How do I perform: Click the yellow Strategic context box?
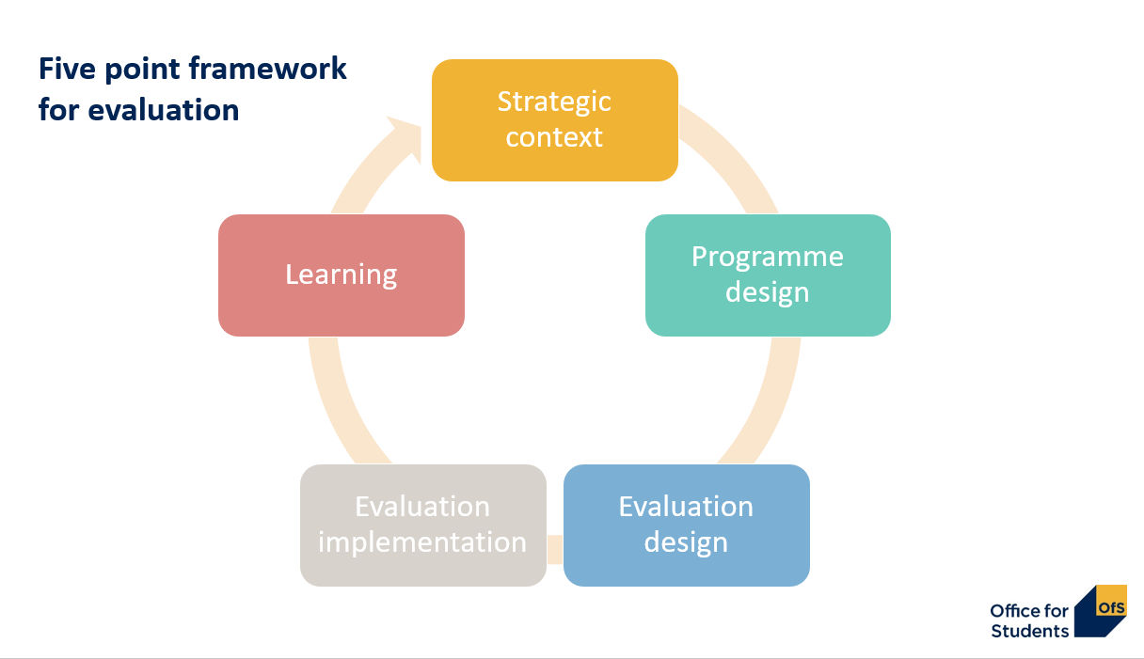coord(555,120)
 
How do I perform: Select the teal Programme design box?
coord(768,275)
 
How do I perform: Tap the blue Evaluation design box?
coord(686,525)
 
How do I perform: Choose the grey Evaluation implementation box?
coord(422,525)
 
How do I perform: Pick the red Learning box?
coord(341,275)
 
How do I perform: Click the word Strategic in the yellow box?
coord(554,102)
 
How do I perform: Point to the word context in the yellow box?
coord(554,137)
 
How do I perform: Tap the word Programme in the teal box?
coord(768,257)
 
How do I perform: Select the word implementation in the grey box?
coord(422,542)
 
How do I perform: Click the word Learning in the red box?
coord(341,275)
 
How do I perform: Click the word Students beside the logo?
coord(1029,631)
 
